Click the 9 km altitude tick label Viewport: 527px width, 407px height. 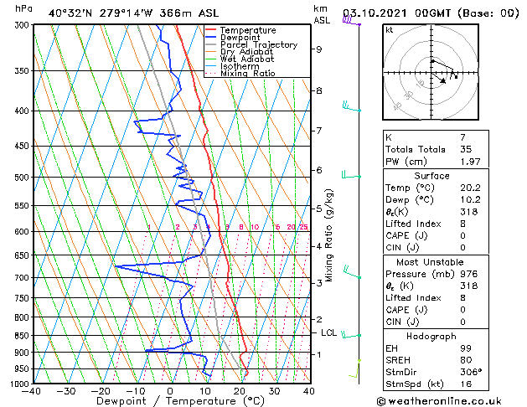pyautogui.click(x=318, y=49)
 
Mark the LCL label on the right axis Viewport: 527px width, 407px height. pyautogui.click(x=328, y=332)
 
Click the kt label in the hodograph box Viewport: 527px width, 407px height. pyautogui.click(x=390, y=30)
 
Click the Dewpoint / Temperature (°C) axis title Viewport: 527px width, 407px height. pyautogui.click(x=170, y=401)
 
